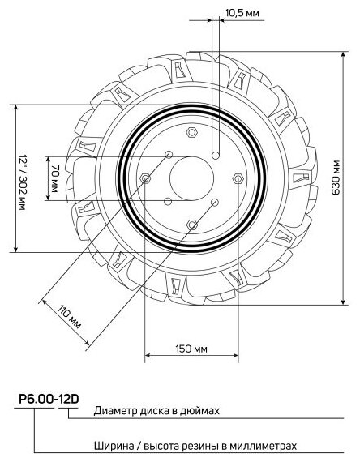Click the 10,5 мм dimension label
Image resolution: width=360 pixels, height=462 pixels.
pyautogui.click(x=242, y=13)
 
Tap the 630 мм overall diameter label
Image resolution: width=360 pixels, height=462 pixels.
pyautogui.click(x=336, y=178)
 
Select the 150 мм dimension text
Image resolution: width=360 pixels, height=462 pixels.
pyautogui.click(x=191, y=349)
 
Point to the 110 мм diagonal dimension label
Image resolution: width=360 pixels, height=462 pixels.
pyautogui.click(x=69, y=317)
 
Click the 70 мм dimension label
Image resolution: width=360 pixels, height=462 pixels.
pyautogui.click(x=55, y=178)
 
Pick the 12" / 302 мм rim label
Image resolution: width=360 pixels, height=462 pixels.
pyautogui.click(x=23, y=182)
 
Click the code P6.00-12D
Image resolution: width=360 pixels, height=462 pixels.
pyautogui.click(x=49, y=400)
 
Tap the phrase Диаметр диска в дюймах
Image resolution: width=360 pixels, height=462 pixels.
pyautogui.click(x=156, y=410)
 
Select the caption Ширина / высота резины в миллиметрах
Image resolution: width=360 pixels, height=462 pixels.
pyautogui.click(x=195, y=446)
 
